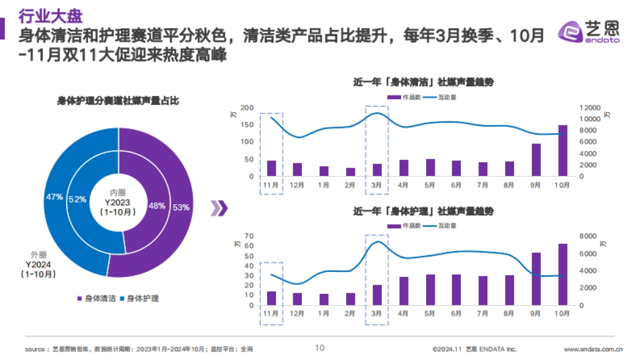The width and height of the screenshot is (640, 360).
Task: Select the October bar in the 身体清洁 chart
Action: click(563, 150)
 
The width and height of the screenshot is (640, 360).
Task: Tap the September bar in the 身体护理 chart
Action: click(536, 279)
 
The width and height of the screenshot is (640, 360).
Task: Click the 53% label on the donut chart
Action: click(181, 207)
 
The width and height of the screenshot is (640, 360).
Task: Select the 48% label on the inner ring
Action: click(156, 206)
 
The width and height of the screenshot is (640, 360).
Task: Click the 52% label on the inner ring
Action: click(77, 199)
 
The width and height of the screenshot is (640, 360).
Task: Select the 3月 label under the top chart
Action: click(377, 185)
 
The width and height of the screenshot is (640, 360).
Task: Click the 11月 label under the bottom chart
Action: click(271, 314)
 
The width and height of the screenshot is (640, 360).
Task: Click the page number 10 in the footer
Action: click(319, 348)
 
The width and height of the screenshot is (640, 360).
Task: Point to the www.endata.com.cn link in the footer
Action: click(593, 349)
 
